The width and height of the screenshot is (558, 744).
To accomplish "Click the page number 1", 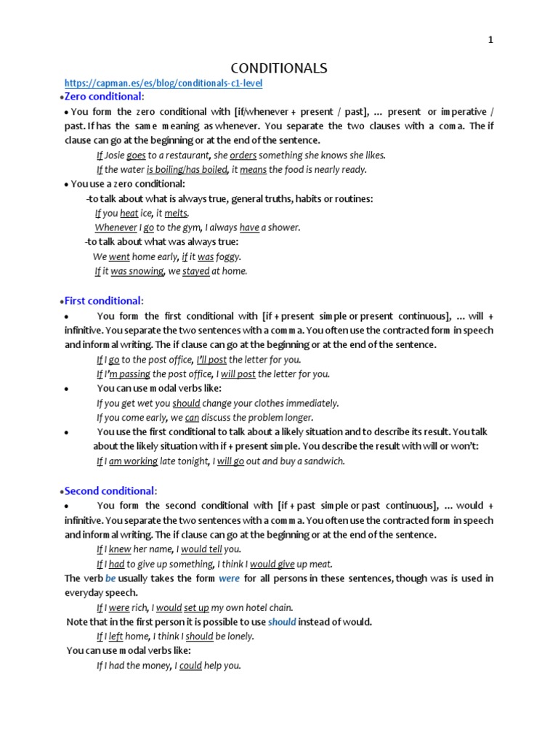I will (x=490, y=40).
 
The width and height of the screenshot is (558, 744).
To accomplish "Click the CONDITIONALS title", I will (x=279, y=68).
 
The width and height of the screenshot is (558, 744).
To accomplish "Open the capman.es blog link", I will (x=163, y=84).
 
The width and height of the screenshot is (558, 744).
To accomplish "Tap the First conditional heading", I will (x=103, y=301).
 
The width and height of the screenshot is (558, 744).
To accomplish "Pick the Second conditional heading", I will (x=110, y=491).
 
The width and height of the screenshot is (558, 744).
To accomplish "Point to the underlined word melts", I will (x=176, y=213).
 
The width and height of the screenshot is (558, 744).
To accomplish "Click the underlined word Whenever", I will (x=116, y=227).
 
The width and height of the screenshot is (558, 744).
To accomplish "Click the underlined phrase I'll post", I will (x=211, y=360).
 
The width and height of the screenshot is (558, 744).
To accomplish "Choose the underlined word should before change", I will (x=186, y=403).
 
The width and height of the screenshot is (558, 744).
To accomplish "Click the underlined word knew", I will (x=120, y=549).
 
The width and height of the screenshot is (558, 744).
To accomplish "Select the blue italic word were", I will (x=229, y=578).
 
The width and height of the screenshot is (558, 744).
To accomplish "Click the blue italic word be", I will (x=110, y=578).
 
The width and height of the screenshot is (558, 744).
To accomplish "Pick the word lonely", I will (x=240, y=636).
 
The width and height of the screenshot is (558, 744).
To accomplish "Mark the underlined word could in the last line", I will (x=190, y=666).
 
